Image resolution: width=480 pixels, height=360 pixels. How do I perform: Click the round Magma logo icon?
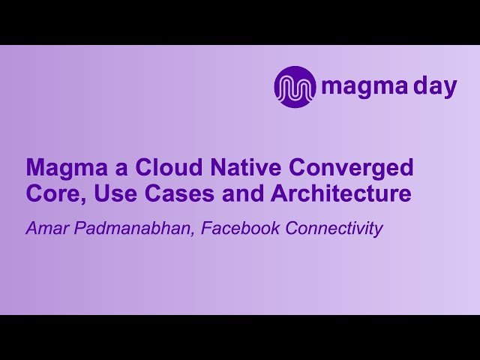pyautogui.click(x=295, y=87)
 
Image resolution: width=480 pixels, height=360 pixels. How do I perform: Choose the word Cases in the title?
pyautogui.click(x=166, y=193)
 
